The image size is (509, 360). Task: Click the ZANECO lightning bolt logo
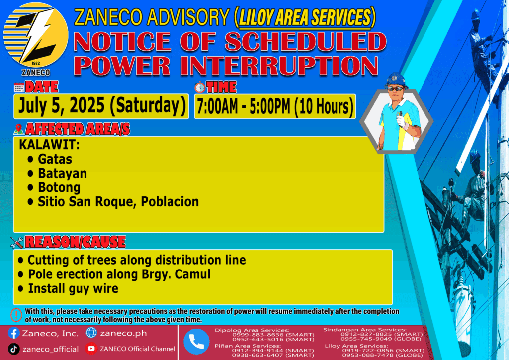click(35, 35)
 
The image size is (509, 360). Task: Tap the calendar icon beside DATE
click(19, 88)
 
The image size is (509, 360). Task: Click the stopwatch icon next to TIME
click(200, 88)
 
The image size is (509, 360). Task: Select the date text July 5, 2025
click(61, 106)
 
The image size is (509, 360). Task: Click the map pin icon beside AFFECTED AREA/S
click(18, 129)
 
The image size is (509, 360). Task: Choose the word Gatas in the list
click(55, 159)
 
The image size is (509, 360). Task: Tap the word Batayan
click(62, 174)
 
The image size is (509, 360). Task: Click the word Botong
click(59, 187)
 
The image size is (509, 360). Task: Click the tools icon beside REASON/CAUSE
click(16, 242)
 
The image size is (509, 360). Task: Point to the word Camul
click(193, 274)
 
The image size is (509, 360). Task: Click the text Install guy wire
click(73, 289)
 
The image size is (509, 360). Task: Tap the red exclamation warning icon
click(16, 315)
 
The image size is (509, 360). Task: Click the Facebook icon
click(13, 333)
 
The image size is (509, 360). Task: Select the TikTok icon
click(13, 349)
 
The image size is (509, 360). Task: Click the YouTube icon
click(91, 349)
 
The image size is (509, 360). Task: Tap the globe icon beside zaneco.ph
click(91, 333)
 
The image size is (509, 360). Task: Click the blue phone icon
click(196, 342)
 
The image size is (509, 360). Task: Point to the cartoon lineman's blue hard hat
click(395, 80)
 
